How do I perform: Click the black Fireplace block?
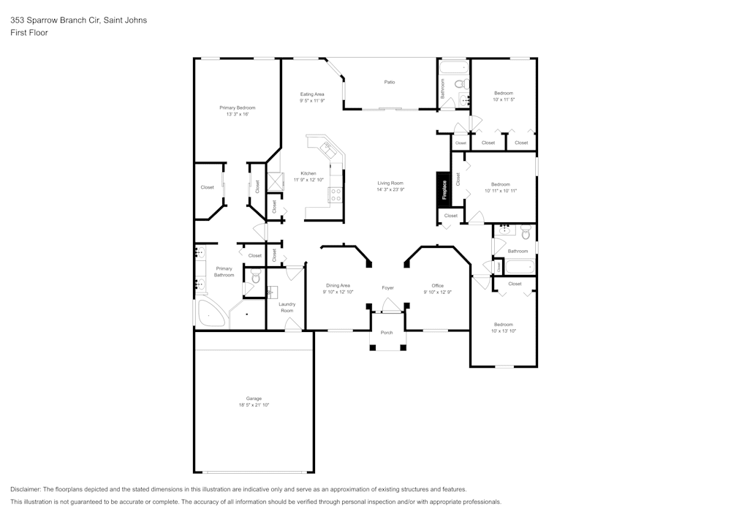(x=443, y=189)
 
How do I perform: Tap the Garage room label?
(x=254, y=399)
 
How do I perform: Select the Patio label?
(x=390, y=82)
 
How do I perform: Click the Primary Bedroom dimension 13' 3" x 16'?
(x=238, y=115)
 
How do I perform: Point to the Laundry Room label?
(x=287, y=307)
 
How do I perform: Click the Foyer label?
(x=387, y=288)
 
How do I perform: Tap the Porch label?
(x=387, y=333)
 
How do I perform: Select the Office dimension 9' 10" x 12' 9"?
(x=437, y=293)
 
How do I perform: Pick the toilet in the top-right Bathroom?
(x=460, y=84)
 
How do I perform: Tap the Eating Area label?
(x=312, y=94)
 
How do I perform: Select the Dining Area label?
(x=338, y=285)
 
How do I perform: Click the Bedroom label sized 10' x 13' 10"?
(x=503, y=324)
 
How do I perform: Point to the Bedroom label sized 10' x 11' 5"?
(x=504, y=93)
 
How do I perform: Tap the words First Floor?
(x=29, y=33)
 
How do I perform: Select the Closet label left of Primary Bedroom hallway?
(x=208, y=187)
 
